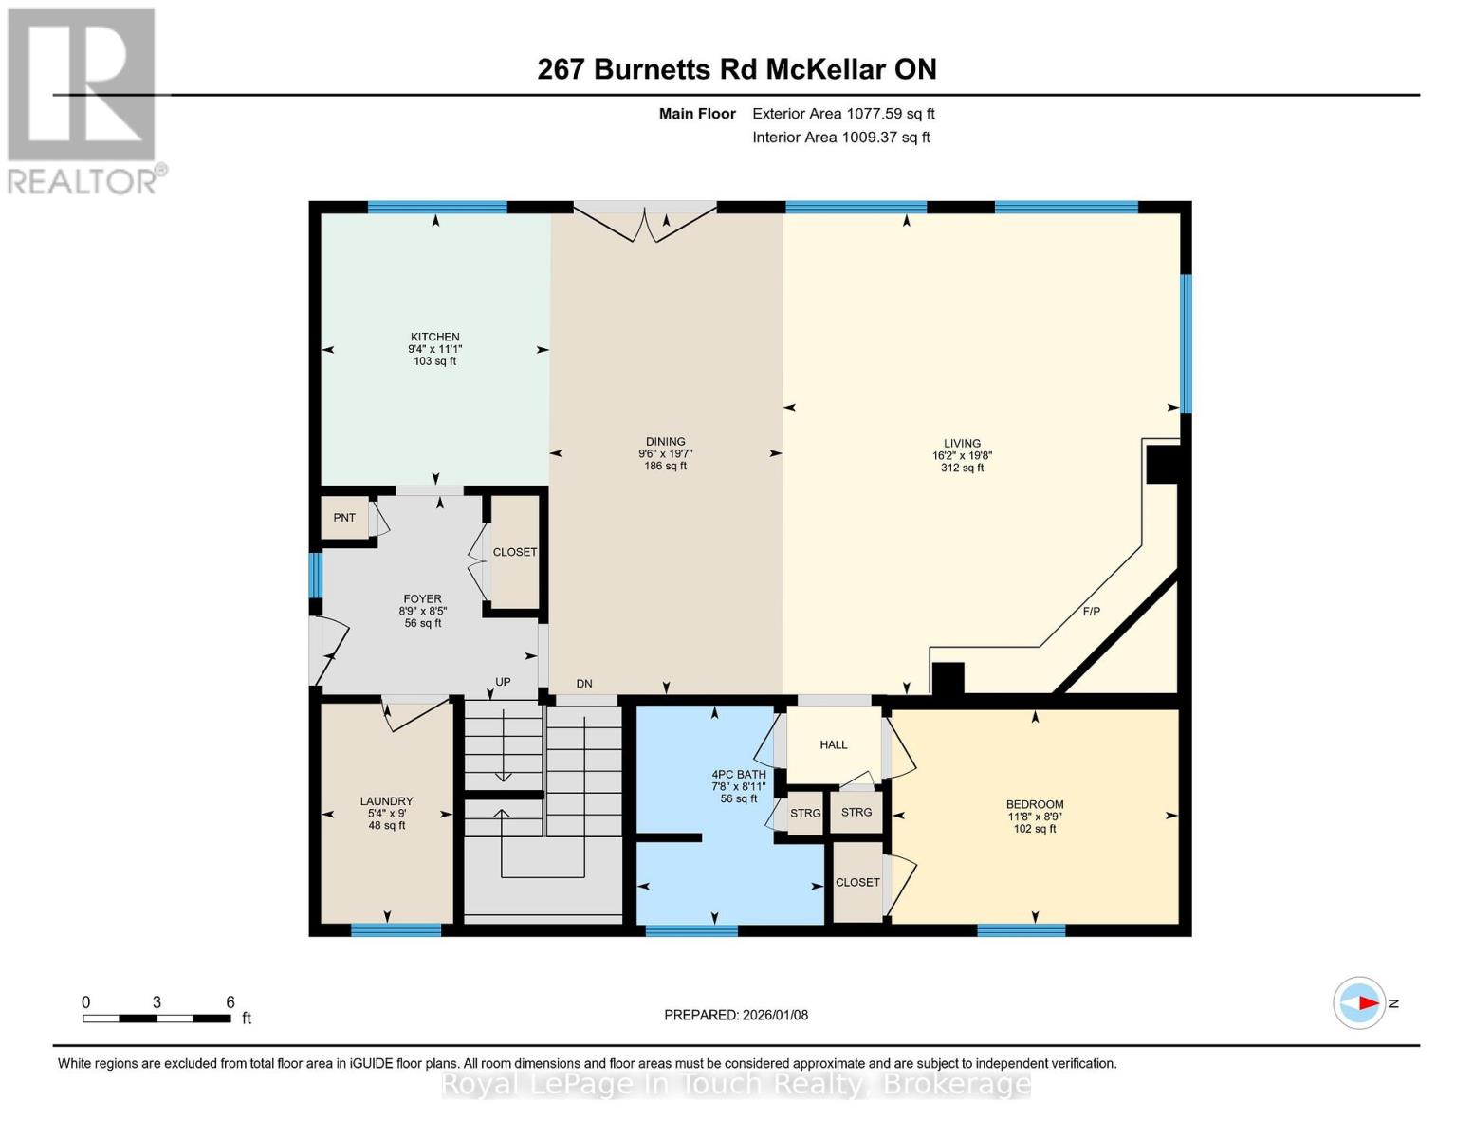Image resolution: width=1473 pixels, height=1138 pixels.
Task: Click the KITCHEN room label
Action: pyautogui.click(x=434, y=337)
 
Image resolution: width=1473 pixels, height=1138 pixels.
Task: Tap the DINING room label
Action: pyautogui.click(x=665, y=441)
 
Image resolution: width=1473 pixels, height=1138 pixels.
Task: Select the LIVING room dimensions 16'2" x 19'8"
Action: pyautogui.click(x=962, y=455)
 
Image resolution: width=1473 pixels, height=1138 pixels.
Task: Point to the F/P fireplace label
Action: pyautogui.click(x=1091, y=612)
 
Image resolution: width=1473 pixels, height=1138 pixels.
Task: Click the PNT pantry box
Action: pyautogui.click(x=344, y=518)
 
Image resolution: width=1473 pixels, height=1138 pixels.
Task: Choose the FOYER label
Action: pyautogui.click(x=422, y=598)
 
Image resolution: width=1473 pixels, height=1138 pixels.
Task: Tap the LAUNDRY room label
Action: pyautogui.click(x=386, y=800)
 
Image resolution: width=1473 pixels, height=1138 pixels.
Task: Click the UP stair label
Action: pyautogui.click(x=503, y=682)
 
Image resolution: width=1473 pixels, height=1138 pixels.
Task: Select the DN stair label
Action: pyautogui.click(x=584, y=684)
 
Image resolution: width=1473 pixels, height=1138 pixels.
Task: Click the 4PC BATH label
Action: pyautogui.click(x=739, y=774)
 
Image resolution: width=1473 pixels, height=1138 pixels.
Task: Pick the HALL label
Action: pyautogui.click(x=834, y=744)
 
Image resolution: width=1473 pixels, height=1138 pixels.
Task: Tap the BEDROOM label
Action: pyautogui.click(x=1035, y=804)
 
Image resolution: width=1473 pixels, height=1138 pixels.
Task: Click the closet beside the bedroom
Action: pyautogui.click(x=857, y=882)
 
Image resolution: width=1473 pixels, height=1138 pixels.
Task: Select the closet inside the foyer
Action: pyautogui.click(x=514, y=552)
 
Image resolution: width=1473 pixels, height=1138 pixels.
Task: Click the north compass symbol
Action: pyautogui.click(x=1359, y=1002)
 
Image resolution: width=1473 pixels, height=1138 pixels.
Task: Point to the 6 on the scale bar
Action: pyautogui.click(x=230, y=1001)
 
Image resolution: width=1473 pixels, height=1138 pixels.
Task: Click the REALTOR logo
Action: pyautogui.click(x=83, y=100)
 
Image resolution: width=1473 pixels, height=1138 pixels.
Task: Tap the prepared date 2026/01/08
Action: pyautogui.click(x=736, y=1015)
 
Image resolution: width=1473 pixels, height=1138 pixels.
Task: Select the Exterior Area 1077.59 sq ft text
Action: pyautogui.click(x=843, y=114)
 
